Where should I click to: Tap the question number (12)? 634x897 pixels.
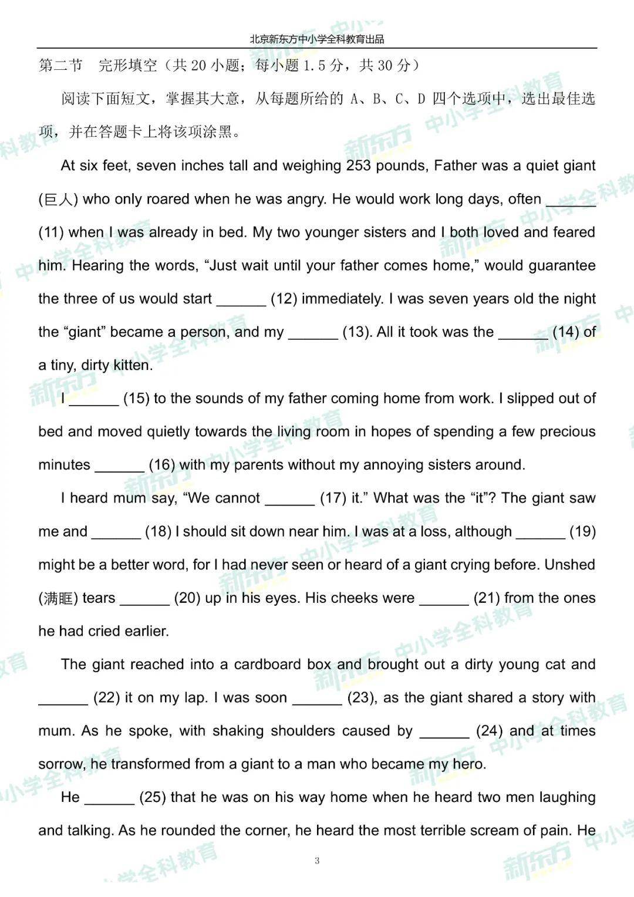pyautogui.click(x=284, y=299)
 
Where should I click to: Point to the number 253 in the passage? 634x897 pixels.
pyautogui.click(x=359, y=166)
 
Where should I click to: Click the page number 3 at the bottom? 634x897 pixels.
pyautogui.click(x=317, y=861)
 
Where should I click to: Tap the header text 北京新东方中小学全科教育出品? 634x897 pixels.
pyautogui.click(x=317, y=39)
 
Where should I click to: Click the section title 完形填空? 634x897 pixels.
pyautogui.click(x=127, y=65)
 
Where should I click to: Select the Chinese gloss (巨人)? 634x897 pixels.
pyautogui.click(x=58, y=200)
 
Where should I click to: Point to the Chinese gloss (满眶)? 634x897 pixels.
pyautogui.click(x=58, y=598)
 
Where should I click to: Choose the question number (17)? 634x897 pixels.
pyautogui.click(x=333, y=498)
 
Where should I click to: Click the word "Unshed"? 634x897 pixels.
pyautogui.click(x=569, y=565)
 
